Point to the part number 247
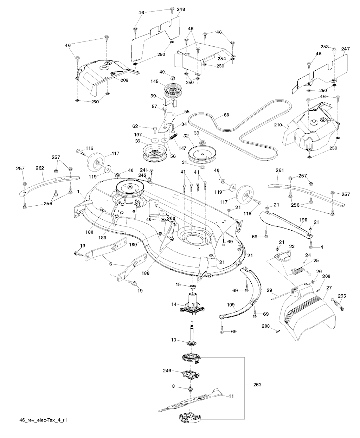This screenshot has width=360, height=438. click(345, 49)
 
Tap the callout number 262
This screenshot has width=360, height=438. click(39, 168)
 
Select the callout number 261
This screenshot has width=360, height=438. click(279, 170)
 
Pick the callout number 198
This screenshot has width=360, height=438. click(303, 220)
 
